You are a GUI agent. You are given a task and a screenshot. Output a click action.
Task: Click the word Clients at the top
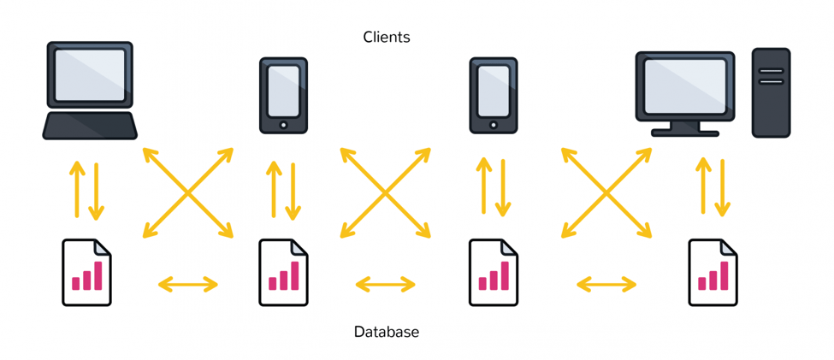pyautogui.click(x=387, y=38)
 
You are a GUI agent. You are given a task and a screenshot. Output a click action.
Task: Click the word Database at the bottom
pyautogui.click(x=387, y=332)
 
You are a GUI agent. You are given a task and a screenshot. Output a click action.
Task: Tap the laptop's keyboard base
pyautogui.click(x=90, y=126)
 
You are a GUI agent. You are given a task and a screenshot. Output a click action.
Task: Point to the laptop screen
pyautogui.click(x=90, y=75)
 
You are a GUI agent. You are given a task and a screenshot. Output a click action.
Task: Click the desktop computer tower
pyautogui.click(x=771, y=93)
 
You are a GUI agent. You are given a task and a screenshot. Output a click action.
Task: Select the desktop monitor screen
pyautogui.click(x=685, y=86)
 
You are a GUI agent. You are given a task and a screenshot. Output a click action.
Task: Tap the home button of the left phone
pyautogui.click(x=283, y=125)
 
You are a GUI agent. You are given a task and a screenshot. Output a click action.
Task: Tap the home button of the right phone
pyautogui.click(x=493, y=125)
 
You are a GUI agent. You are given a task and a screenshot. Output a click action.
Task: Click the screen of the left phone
pyautogui.click(x=283, y=91)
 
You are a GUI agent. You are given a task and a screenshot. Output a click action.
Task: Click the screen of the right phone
pyautogui.click(x=493, y=91)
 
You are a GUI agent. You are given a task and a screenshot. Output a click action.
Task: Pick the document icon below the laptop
pyautogui.click(x=86, y=273)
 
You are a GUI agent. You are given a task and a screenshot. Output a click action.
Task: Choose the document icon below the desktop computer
pyautogui.click(x=713, y=273)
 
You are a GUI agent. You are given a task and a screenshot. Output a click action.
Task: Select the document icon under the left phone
pyautogui.click(x=283, y=273)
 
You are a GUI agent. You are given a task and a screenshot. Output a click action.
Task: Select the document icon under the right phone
pyautogui.click(x=493, y=273)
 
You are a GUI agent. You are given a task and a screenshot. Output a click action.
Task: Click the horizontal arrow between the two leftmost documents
pyautogui.click(x=188, y=285)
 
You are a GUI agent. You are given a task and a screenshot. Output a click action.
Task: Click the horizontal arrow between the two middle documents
pyautogui.click(x=386, y=285)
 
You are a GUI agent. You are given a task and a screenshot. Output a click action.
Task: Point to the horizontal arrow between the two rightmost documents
pyautogui.click(x=606, y=285)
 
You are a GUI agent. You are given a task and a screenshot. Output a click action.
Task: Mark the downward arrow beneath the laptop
pyautogui.click(x=97, y=192)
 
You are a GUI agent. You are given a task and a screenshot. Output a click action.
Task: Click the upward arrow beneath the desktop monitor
pyautogui.click(x=703, y=186)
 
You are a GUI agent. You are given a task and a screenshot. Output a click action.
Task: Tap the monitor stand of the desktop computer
pyautogui.click(x=685, y=129)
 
